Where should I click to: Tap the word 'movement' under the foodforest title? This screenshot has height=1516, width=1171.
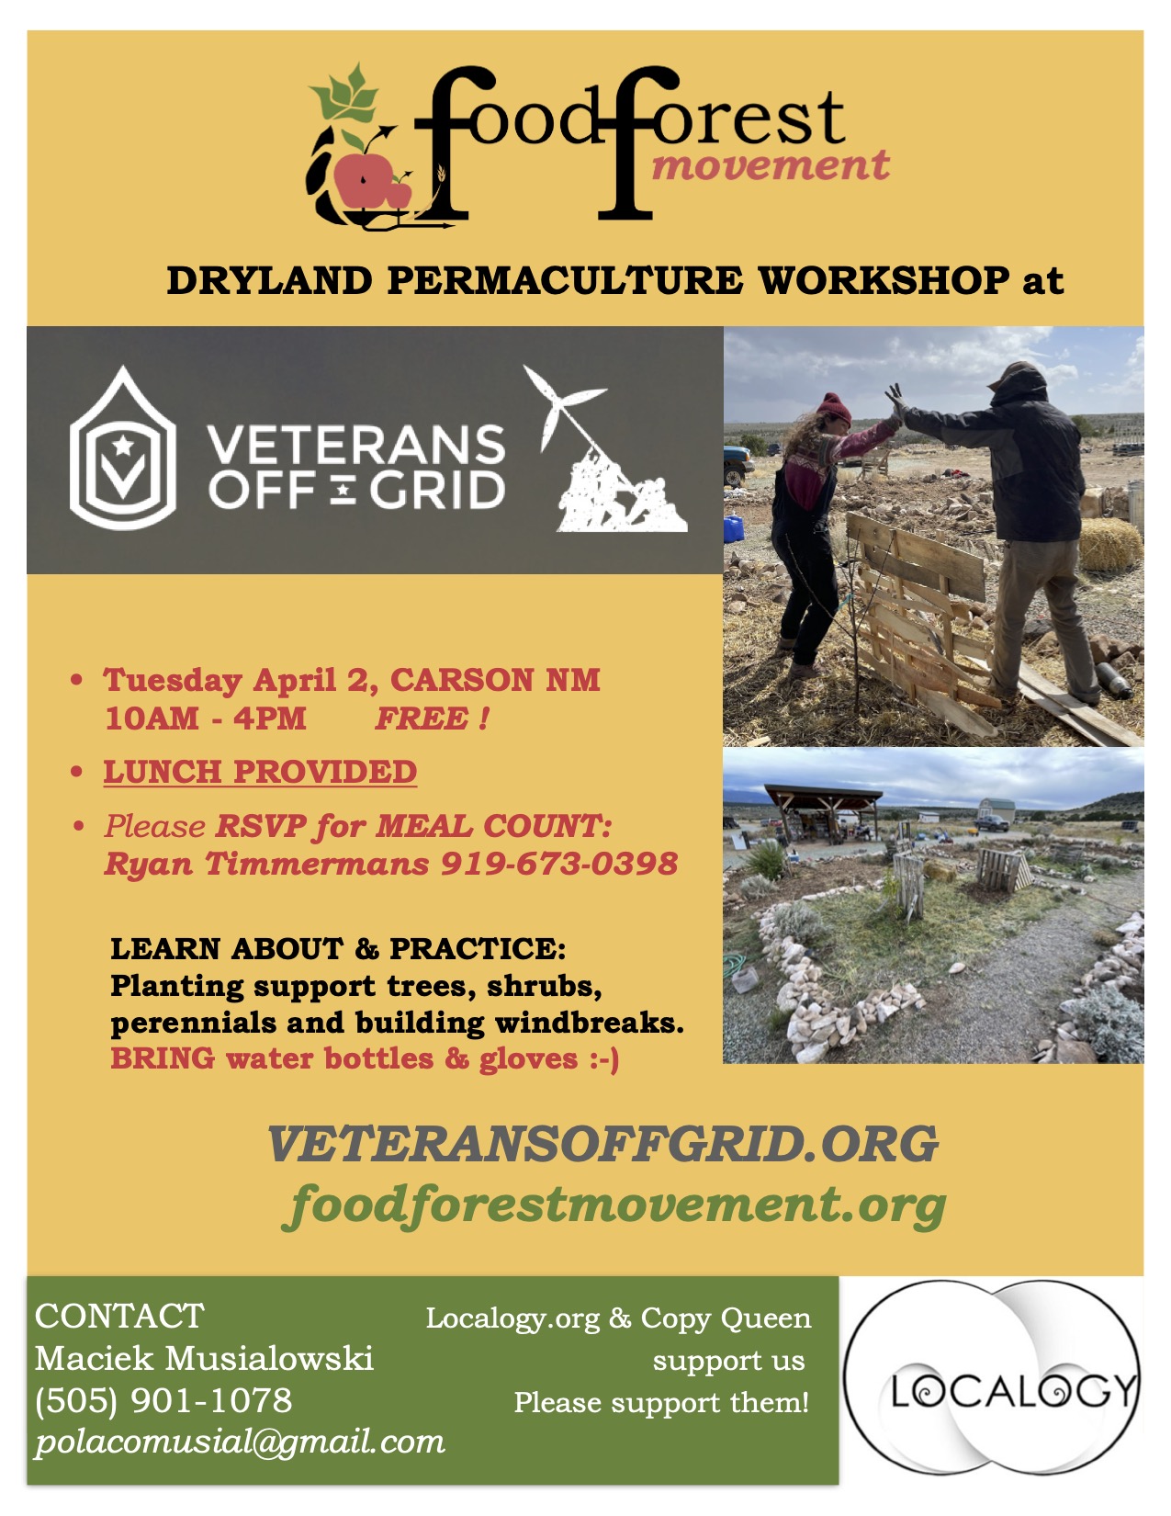[x=770, y=165]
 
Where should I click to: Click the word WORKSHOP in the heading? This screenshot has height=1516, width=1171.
[x=884, y=280]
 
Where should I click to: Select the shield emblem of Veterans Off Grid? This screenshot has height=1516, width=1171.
[x=123, y=447]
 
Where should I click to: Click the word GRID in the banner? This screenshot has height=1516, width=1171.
[x=436, y=490]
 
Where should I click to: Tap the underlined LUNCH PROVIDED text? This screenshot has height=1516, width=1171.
[x=260, y=772]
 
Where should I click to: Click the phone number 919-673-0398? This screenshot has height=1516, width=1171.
[x=559, y=864]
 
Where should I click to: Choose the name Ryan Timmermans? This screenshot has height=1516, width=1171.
[x=266, y=864]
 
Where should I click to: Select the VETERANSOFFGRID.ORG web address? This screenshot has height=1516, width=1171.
[x=602, y=1144]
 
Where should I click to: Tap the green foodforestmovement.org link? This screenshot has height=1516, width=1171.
[x=614, y=1206]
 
